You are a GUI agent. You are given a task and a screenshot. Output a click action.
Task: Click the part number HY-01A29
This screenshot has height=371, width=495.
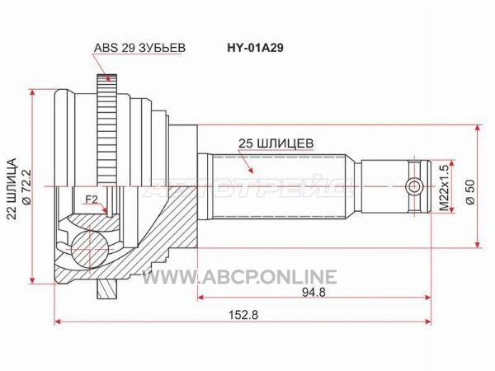tap(255, 48)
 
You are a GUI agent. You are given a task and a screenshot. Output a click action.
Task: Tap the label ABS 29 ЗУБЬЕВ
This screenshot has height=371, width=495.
tap(139, 48)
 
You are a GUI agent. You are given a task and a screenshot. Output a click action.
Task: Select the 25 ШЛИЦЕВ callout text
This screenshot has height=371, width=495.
tap(276, 143)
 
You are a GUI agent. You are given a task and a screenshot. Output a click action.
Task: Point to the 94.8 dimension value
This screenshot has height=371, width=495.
tap(313, 293)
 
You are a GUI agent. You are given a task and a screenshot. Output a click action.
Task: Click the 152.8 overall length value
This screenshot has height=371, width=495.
tap(244, 315)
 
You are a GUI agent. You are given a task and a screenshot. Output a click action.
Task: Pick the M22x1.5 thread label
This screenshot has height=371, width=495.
tap(444, 188)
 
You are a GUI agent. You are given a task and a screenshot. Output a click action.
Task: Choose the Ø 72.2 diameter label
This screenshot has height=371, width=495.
tap(26, 187)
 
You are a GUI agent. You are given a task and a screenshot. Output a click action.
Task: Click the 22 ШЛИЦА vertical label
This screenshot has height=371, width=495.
tap(12, 189)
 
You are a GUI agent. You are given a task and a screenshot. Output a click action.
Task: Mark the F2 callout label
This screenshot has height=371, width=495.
tap(92, 200)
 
